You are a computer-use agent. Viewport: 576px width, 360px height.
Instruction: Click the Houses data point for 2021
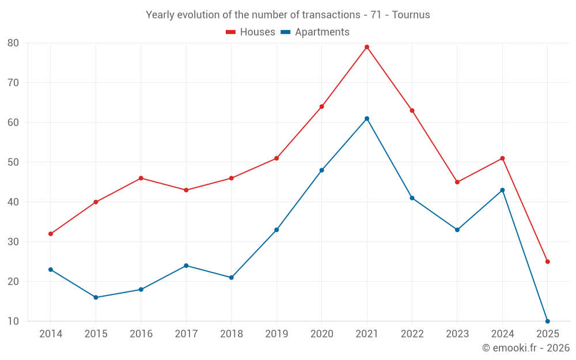click(367, 47)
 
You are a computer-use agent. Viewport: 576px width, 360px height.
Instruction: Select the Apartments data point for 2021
click(367, 119)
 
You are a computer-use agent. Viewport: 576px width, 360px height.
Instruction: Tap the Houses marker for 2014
click(51, 234)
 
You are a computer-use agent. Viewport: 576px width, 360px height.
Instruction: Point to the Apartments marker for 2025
click(548, 321)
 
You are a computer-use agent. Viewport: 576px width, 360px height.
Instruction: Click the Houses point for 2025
click(548, 262)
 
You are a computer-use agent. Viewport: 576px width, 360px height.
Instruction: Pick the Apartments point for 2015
click(96, 297)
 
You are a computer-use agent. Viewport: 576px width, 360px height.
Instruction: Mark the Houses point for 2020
click(321, 107)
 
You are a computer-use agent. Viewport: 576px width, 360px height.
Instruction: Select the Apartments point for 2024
click(502, 190)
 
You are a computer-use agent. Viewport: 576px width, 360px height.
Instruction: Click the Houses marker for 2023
click(457, 182)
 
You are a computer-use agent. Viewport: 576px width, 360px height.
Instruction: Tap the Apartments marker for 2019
click(276, 230)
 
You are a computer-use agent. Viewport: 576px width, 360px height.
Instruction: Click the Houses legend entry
click(251, 32)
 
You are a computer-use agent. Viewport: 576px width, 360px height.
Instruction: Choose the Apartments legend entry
click(315, 32)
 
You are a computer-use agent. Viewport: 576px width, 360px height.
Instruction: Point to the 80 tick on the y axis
click(13, 43)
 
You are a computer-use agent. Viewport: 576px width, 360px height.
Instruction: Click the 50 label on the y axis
click(13, 162)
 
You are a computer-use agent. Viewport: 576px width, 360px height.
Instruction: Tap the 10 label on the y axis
click(13, 321)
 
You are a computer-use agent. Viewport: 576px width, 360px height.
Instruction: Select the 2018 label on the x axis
click(231, 334)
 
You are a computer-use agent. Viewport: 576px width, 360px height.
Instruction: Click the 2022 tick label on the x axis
click(412, 334)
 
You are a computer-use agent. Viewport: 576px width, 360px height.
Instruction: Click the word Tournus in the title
click(411, 15)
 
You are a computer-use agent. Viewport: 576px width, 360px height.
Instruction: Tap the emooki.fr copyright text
click(525, 348)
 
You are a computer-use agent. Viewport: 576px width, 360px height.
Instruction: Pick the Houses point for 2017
click(186, 190)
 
